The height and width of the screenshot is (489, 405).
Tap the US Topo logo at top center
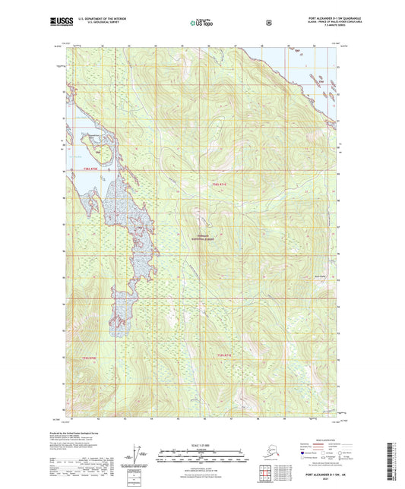[x=201, y=23]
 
